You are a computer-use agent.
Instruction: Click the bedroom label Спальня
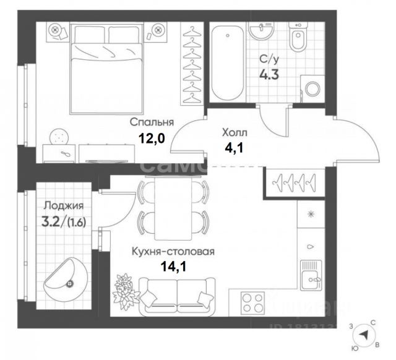pos(152,122)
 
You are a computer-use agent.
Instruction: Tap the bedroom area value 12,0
pos(152,138)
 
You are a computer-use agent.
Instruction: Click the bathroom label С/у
pos(267,60)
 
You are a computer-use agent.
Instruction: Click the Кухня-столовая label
pos(173,252)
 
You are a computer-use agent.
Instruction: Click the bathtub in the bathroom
pos(226,62)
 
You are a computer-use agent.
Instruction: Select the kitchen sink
pos(309,275)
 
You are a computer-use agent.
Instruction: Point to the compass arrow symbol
pos(367,335)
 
